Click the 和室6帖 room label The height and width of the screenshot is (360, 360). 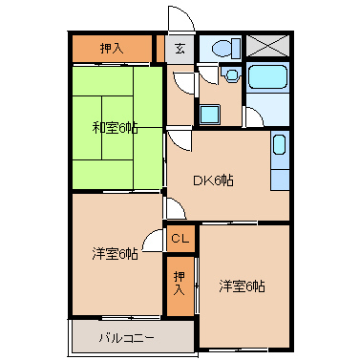pyautogui.click(x=115, y=127)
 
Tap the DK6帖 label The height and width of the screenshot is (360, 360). pyautogui.click(x=214, y=180)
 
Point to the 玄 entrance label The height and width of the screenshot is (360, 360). pyautogui.click(x=180, y=48)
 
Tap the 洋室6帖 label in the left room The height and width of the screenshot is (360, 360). pyautogui.click(x=115, y=253)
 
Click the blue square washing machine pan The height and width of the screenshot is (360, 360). pyautogui.click(x=210, y=113)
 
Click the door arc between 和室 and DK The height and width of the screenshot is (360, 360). pyautogui.click(x=178, y=141)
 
